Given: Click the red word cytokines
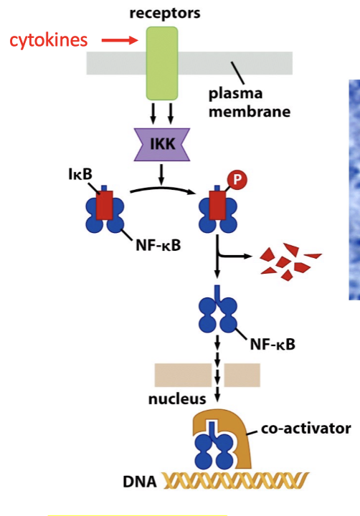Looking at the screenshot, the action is click(x=49, y=40).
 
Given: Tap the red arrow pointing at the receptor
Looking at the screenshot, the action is click(x=120, y=40).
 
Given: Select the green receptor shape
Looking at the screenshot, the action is click(x=162, y=63).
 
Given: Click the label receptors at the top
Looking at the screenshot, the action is click(x=165, y=14).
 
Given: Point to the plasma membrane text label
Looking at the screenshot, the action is click(x=250, y=102).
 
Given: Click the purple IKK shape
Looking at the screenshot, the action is click(x=162, y=145).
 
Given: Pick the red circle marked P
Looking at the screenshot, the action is click(x=237, y=180).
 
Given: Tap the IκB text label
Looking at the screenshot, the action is click(x=80, y=174).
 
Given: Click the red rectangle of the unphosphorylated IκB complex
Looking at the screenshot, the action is click(x=105, y=205).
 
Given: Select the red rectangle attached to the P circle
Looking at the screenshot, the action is click(x=217, y=205).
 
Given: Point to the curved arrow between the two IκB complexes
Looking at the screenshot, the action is click(x=162, y=188).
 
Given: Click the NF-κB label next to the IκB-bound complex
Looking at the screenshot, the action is click(x=158, y=246).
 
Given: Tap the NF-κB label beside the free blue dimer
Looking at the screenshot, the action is click(x=273, y=345).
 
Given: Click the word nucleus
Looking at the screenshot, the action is click(x=177, y=399).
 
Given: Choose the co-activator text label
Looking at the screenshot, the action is click(x=306, y=429).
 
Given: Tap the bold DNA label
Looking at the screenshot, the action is click(x=140, y=482).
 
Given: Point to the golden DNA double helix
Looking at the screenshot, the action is click(x=236, y=480).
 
